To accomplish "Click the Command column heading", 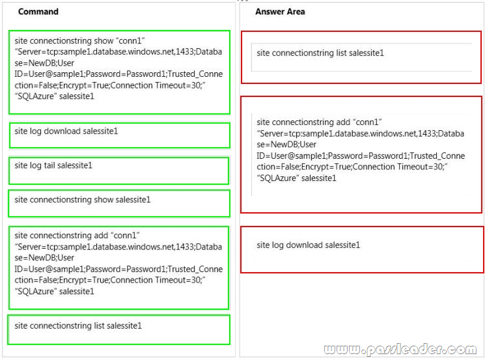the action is pos(38,12).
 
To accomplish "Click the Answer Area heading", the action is pos(280,12).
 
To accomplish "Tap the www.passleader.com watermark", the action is pos(400,349).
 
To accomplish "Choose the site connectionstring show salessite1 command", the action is pos(82,200).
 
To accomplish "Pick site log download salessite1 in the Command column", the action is pos(66,131).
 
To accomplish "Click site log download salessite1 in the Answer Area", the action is pos(308,245).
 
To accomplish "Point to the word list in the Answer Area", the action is pos(342,53).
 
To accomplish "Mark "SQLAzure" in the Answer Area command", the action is pos(278,178).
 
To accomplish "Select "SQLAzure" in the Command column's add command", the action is pos(36,292).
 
